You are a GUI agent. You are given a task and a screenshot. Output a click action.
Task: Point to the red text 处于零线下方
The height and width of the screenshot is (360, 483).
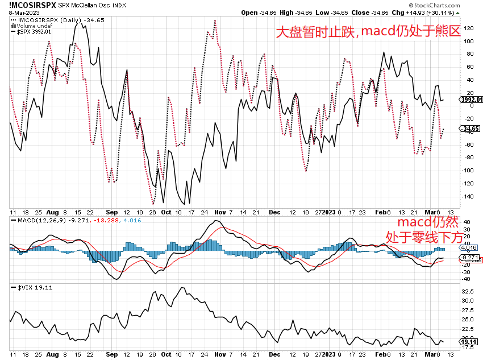[423, 237]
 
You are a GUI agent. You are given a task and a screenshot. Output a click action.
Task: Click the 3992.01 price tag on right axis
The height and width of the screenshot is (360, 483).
[470, 100]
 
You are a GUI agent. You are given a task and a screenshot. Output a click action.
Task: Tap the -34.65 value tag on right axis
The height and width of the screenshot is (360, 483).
[470, 129]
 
